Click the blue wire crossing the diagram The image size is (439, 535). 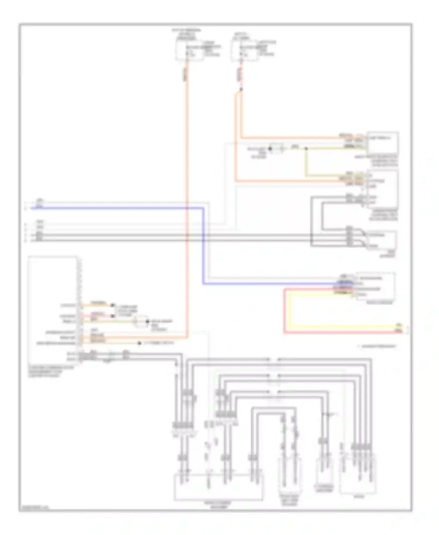pos(117,208)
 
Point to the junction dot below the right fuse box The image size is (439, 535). pos(241,89)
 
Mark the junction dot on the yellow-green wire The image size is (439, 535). pos(306,149)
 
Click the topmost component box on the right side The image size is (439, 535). pos(383,143)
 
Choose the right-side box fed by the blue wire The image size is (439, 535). pos(375,286)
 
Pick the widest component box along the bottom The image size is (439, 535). pos(219,487)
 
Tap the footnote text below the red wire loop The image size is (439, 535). pos(378,347)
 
